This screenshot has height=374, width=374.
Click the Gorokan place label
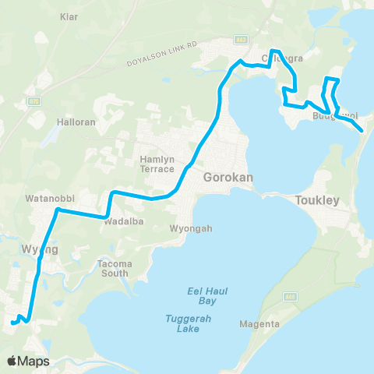(x=226, y=178)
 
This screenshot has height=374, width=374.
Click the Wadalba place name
(x=121, y=219)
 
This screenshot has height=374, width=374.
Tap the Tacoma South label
(x=115, y=268)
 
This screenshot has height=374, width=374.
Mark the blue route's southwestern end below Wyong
(x=12, y=323)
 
